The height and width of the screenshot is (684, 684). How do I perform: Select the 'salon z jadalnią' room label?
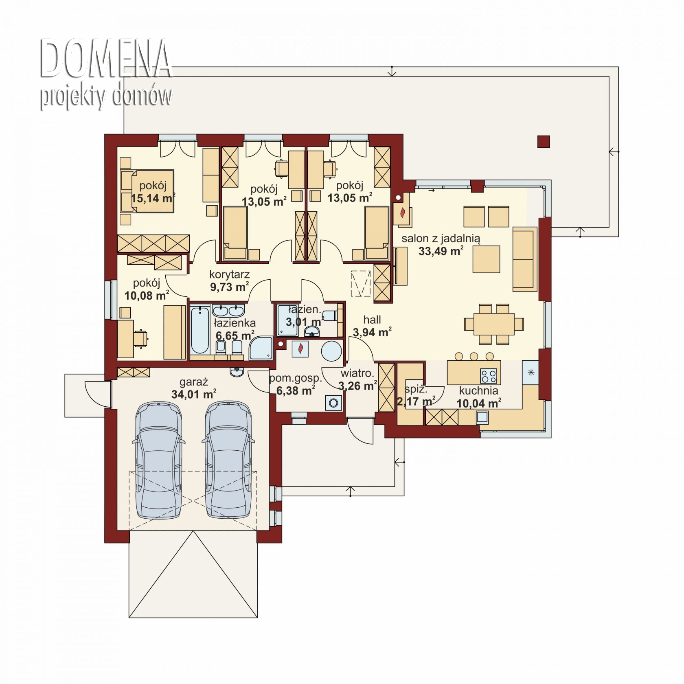(x=441, y=239)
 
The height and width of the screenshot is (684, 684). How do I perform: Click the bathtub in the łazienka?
(x=200, y=330)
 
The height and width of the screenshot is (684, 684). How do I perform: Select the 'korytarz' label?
(x=229, y=274)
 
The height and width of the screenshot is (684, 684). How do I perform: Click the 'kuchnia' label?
(x=478, y=391)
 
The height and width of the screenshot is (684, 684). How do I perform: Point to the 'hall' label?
(x=372, y=320)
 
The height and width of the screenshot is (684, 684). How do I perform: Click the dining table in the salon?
(x=494, y=324)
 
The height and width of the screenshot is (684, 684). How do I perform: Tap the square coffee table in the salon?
(x=486, y=259)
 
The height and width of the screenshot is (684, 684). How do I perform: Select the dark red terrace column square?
(x=544, y=141)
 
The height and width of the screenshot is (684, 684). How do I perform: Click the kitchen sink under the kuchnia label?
(x=482, y=417)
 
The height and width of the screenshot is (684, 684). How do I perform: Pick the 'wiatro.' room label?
(x=357, y=373)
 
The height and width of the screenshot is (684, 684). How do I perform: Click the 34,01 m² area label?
(x=194, y=394)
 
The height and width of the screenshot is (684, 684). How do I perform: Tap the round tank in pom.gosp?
(x=331, y=351)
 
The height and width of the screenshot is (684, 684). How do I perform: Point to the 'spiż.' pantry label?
(x=416, y=389)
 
